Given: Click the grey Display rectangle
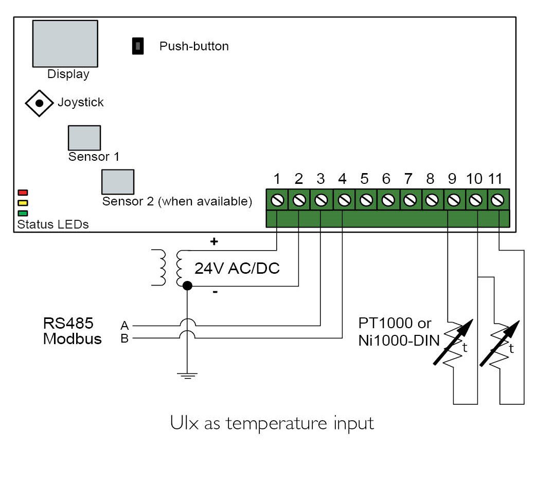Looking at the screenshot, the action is point(65,44).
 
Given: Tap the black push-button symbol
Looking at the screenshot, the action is point(138,46).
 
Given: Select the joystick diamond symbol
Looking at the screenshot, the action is point(39,103).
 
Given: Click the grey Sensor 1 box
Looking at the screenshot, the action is point(84,138).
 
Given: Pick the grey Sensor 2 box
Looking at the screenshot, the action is point(118,182).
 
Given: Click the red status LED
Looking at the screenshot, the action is point(23,193).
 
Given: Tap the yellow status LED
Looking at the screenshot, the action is point(23,203).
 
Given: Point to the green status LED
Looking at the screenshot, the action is point(23,213).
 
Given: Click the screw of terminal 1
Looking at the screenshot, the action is point(277,200).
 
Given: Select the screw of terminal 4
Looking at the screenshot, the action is point(344,200).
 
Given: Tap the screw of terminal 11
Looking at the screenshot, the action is point(497,200).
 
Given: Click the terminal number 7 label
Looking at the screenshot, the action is point(408,179).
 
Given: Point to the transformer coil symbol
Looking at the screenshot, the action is point(171,268).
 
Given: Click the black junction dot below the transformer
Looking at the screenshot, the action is point(187,286).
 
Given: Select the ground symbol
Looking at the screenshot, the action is point(187,376).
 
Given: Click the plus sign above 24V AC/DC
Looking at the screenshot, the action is point(214,241).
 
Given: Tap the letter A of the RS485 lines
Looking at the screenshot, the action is point(124,326).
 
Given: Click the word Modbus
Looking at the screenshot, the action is point(73,338).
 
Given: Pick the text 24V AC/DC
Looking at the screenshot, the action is point(237,268).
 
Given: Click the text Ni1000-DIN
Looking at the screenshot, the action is point(399,341).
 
